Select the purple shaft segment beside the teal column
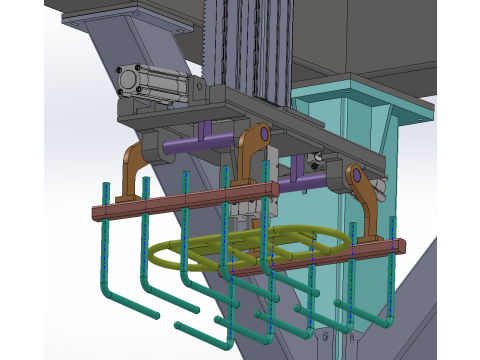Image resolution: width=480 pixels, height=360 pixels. pos(300,185)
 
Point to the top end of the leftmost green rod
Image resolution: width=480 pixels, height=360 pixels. pos(104,187)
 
